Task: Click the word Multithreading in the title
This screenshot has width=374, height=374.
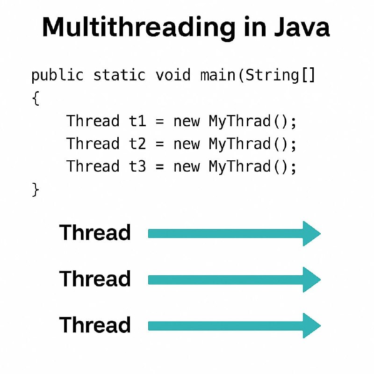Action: pos(138,28)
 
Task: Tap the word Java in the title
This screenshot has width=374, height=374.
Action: pos(302,27)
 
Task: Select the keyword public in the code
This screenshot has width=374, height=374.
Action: pos(58,76)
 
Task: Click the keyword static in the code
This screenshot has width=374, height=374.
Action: pos(119,75)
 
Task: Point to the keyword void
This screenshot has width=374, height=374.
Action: pos(173,75)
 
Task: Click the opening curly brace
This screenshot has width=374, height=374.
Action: pos(36,98)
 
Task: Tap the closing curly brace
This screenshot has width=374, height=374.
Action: pos(36,189)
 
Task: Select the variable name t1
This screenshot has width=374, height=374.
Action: pos(137,121)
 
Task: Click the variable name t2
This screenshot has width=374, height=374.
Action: pos(137,144)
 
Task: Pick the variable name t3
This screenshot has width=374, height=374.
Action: pos(137,166)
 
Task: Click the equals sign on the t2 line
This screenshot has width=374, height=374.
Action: pos(159,144)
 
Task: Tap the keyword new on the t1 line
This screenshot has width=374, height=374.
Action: pos(187,122)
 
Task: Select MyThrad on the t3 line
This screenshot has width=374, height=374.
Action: pos(239,167)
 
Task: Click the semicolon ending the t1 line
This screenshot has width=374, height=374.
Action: pos(294,122)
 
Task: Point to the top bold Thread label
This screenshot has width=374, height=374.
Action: pos(95,232)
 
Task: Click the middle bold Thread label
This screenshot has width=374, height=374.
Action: pos(95,278)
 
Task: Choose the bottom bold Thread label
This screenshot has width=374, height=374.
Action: pos(95,324)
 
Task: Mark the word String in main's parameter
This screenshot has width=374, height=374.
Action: pos(272,76)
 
